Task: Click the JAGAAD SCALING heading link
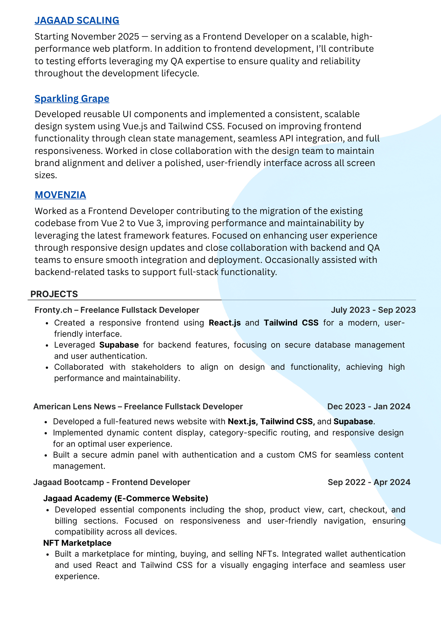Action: pos(77,20)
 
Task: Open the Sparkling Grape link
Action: pos(72,98)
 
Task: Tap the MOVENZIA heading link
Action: pos(60,195)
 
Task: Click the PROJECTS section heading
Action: pos(54,294)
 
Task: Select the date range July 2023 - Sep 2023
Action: pos(373,310)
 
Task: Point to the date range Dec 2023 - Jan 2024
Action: pos(369,407)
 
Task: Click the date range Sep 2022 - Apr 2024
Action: pos(369,482)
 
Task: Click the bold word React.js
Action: pos(225,323)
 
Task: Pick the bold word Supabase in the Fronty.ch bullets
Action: pos(119,345)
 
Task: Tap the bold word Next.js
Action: pos(242,421)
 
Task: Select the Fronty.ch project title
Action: pos(117,310)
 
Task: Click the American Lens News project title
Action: pos(138,407)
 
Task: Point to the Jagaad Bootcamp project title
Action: pos(112,482)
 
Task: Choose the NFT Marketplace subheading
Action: pos(77,543)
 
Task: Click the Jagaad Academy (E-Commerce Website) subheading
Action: pos(125,498)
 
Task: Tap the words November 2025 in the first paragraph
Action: pos(105,37)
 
